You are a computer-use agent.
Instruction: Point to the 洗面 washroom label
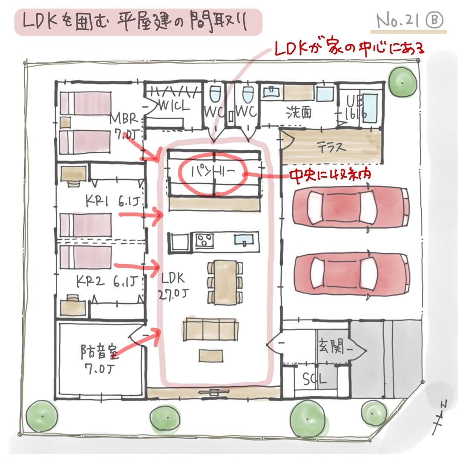point(299,112)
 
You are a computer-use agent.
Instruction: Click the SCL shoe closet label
point(315,379)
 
